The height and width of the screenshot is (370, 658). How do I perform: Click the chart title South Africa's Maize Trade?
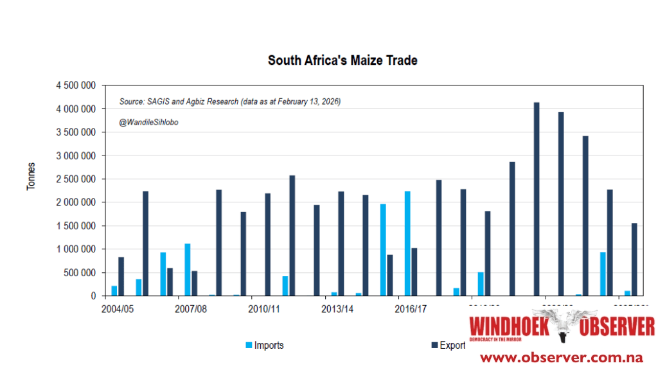pyautogui.click(x=342, y=60)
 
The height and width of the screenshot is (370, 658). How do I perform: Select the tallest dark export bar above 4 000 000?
pyautogui.click(x=537, y=199)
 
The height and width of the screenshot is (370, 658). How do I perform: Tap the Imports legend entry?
pyautogui.click(x=264, y=345)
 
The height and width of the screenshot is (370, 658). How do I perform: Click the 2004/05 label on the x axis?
pyautogui.click(x=119, y=309)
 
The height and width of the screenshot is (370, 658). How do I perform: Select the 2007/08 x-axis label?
pyautogui.click(x=190, y=309)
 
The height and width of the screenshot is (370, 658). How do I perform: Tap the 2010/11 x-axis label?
pyautogui.click(x=263, y=309)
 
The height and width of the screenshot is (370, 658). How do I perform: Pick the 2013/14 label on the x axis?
pyautogui.click(x=337, y=309)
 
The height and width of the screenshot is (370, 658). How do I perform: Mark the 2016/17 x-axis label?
pyautogui.click(x=410, y=309)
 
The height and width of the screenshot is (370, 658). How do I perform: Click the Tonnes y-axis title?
pyautogui.click(x=31, y=176)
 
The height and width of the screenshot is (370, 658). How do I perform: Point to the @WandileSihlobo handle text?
pyautogui.click(x=148, y=122)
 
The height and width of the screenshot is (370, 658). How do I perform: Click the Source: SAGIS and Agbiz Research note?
pyautogui.click(x=229, y=101)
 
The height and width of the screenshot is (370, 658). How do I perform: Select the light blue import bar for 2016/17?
pyautogui.click(x=407, y=243)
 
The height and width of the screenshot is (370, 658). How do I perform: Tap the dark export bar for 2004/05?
pyautogui.click(x=121, y=276)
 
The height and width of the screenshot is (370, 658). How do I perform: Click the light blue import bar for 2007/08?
pyautogui.click(x=188, y=270)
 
